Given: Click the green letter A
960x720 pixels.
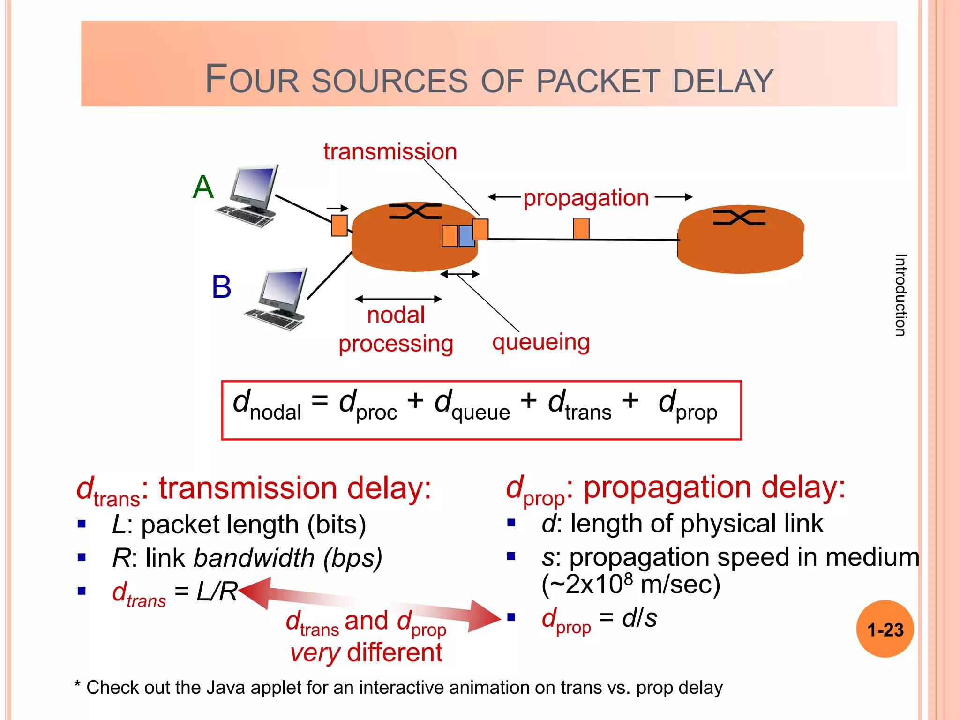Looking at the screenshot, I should click(x=203, y=187).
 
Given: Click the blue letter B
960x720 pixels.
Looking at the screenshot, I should click(x=221, y=287).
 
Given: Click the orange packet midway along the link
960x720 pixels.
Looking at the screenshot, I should click(x=581, y=228).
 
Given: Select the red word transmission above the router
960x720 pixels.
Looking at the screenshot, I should click(x=390, y=152).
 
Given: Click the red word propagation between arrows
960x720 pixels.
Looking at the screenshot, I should click(x=586, y=198).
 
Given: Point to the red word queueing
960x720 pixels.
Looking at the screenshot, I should click(x=540, y=342).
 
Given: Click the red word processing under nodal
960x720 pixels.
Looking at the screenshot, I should click(x=396, y=344).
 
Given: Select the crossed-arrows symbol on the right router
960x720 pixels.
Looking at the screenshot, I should click(x=739, y=217).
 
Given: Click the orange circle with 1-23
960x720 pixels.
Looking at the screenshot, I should click(x=885, y=629).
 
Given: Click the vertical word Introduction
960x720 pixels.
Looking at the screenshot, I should click(x=900, y=295).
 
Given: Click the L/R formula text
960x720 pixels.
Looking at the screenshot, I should click(x=217, y=592).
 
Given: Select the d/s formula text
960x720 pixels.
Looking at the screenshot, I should click(x=639, y=618).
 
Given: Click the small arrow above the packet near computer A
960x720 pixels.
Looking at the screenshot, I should click(x=337, y=208).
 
